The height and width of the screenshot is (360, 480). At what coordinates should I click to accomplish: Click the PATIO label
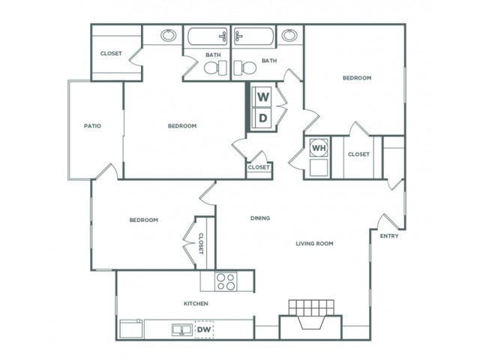tap(92, 126)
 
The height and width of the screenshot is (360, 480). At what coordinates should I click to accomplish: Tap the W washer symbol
tap(262, 97)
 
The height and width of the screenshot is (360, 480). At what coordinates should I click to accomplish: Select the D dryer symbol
tap(262, 118)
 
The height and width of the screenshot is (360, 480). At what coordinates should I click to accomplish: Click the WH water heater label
tap(319, 148)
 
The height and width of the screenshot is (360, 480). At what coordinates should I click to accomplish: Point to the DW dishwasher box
tap(205, 329)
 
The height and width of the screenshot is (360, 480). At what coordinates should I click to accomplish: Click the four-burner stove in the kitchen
tap(226, 282)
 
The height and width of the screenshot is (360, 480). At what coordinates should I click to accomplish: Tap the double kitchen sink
tap(181, 330)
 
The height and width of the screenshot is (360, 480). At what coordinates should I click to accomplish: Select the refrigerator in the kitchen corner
tap(131, 328)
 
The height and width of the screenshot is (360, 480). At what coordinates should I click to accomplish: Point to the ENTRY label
tap(389, 236)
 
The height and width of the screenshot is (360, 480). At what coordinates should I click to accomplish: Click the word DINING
tap(260, 218)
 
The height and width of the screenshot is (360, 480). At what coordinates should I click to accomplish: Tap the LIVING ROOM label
tap(314, 244)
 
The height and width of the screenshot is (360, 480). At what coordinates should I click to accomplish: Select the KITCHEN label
tap(196, 304)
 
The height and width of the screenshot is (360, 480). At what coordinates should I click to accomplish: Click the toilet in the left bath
tap(215, 67)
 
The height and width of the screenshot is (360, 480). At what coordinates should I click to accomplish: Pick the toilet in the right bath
tap(245, 67)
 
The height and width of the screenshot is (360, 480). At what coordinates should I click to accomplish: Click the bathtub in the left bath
tap(207, 37)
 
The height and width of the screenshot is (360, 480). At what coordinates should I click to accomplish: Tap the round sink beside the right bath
tap(289, 35)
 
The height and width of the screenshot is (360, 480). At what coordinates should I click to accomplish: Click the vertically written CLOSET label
tap(201, 244)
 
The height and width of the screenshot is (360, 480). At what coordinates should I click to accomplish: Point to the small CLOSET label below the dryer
tap(259, 167)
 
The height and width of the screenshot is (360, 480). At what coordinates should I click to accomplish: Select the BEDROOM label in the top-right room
tap(357, 78)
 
